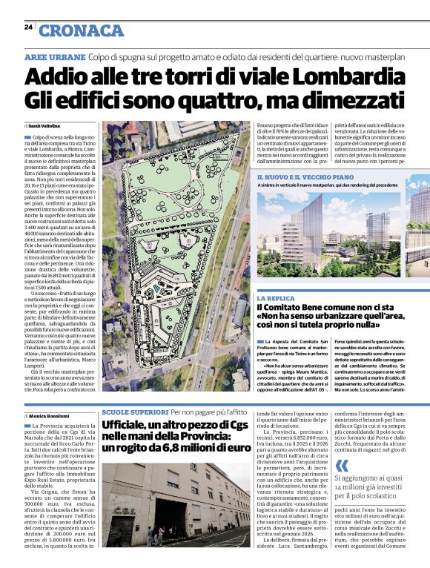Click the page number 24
pyautogui.click(x=28, y=27)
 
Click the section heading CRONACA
pyautogui.click(x=81, y=30)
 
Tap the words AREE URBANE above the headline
pyautogui.click(x=54, y=57)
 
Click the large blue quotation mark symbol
pyautogui.click(x=342, y=466)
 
